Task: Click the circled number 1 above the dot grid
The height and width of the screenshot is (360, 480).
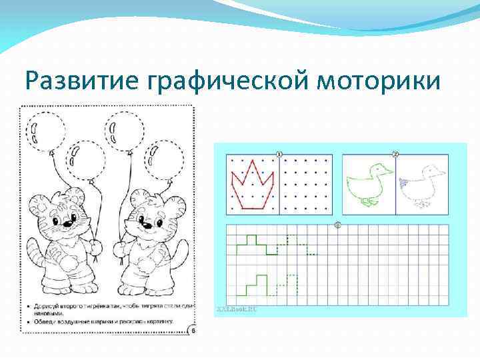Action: tap(279, 155)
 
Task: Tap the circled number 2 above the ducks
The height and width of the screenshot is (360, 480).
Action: tap(395, 155)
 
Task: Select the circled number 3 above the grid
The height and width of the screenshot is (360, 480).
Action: tap(337, 225)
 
